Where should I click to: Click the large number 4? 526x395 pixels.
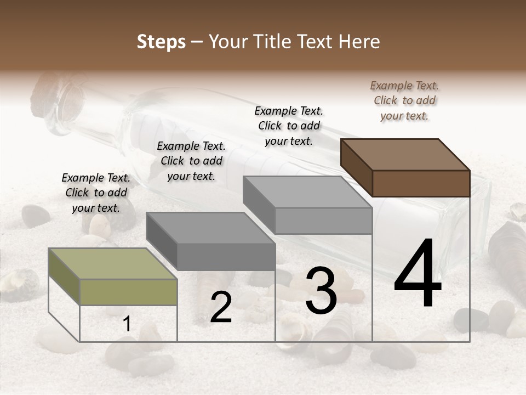418,275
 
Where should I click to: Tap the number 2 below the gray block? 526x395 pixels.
221,307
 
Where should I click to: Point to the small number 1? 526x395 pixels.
127,324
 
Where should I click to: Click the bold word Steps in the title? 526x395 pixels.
161,42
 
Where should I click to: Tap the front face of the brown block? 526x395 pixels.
421,183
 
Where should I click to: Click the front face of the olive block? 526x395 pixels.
128,292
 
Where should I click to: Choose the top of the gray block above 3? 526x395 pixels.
307,191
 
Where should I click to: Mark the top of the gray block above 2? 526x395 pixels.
210,228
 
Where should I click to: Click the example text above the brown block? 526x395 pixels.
404,100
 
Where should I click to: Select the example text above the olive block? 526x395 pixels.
96,193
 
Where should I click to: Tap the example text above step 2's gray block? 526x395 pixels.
191,161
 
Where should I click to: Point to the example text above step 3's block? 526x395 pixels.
289,126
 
